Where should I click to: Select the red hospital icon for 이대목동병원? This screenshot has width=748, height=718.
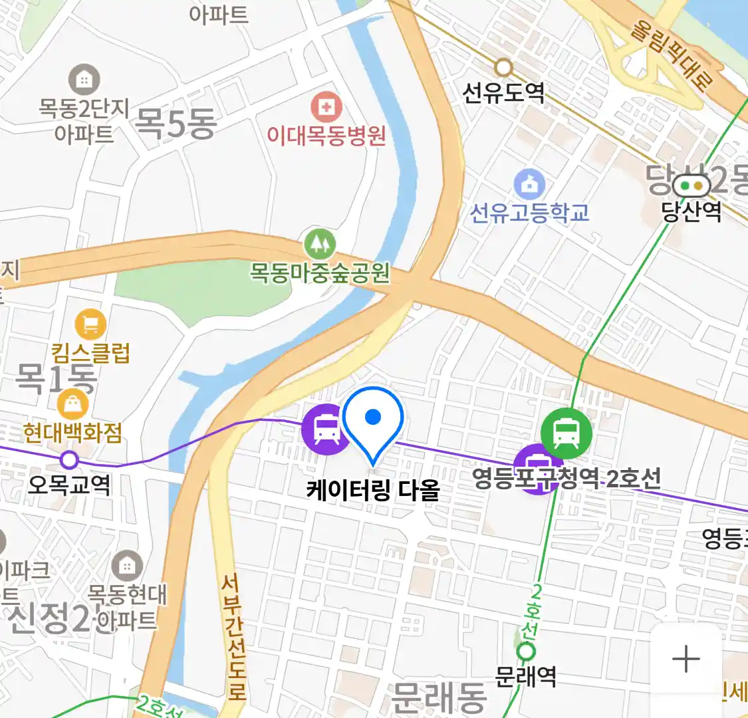coord(326,107)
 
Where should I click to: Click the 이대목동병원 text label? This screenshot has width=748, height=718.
coord(326,136)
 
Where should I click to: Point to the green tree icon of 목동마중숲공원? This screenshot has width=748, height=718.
coord(320,245)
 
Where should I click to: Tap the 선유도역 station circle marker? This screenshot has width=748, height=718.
coord(503,67)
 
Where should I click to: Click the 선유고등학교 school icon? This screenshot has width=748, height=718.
coord(529,185)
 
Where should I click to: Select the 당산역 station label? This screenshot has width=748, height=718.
coord(691,211)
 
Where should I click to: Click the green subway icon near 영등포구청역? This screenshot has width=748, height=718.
coord(566,433)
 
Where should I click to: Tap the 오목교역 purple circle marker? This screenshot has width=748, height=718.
coord(69,459)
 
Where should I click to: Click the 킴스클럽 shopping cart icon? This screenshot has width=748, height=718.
coord(91,324)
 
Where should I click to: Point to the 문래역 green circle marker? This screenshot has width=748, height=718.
coord(526,652)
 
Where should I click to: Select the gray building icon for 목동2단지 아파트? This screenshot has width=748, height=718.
coord(84,80)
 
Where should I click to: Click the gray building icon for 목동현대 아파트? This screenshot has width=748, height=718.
coord(126,567)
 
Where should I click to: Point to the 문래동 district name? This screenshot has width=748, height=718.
coord(439,697)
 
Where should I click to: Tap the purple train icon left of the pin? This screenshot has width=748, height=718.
coord(326,429)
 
